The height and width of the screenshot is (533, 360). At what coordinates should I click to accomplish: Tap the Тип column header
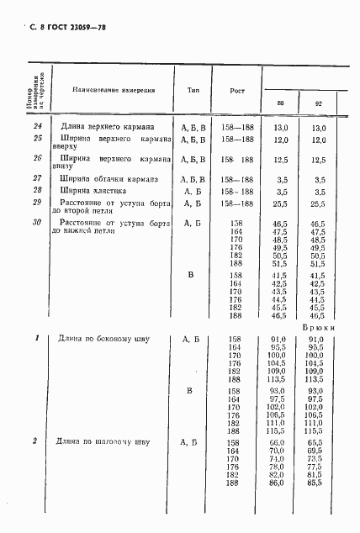pyautogui.click(x=193, y=88)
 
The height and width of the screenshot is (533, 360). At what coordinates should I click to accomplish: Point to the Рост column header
pyautogui.click(x=237, y=89)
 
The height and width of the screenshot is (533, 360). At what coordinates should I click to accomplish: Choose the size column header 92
pyautogui.click(x=318, y=104)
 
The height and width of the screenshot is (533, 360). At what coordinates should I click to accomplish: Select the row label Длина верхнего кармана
pyautogui.click(x=105, y=127)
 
